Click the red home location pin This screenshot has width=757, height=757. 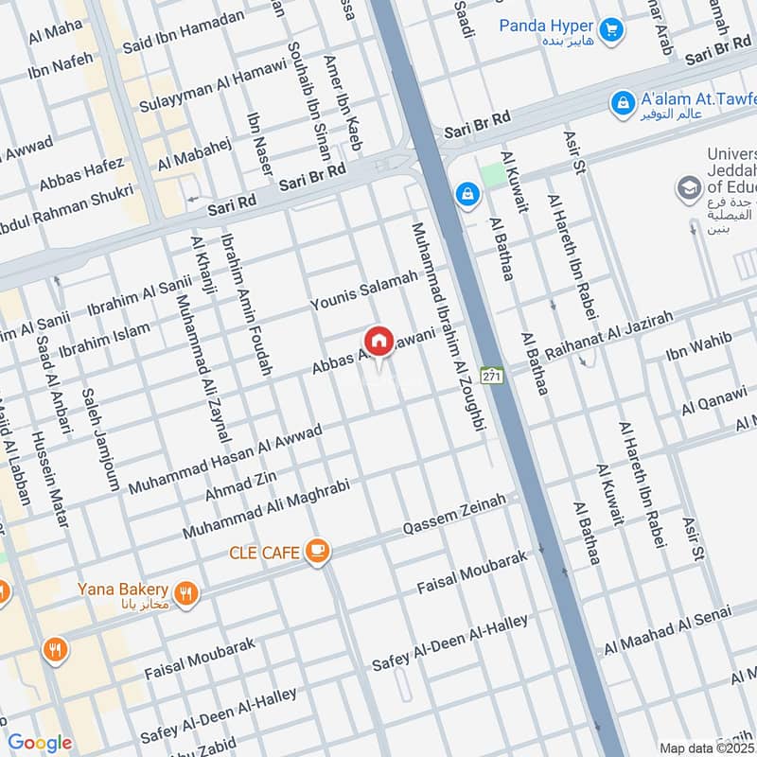pyautogui.click(x=378, y=342)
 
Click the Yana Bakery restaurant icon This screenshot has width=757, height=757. pyautogui.click(x=185, y=593)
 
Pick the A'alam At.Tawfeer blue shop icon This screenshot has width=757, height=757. pyautogui.click(x=623, y=101)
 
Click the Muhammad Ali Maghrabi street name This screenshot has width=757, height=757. pyautogui.click(x=267, y=509)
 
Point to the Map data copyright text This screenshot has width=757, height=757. pyautogui.click(x=707, y=748)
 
